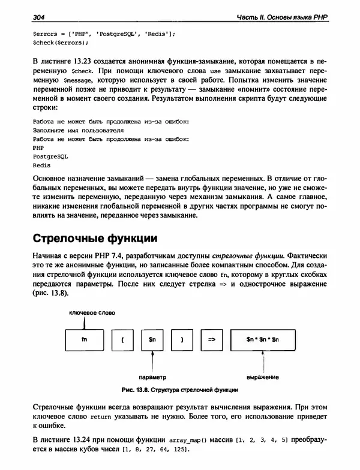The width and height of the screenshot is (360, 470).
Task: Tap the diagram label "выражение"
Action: (x=263, y=377)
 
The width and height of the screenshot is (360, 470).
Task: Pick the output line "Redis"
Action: (x=41, y=164)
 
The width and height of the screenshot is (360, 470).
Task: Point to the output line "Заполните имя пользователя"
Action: (x=79, y=129)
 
